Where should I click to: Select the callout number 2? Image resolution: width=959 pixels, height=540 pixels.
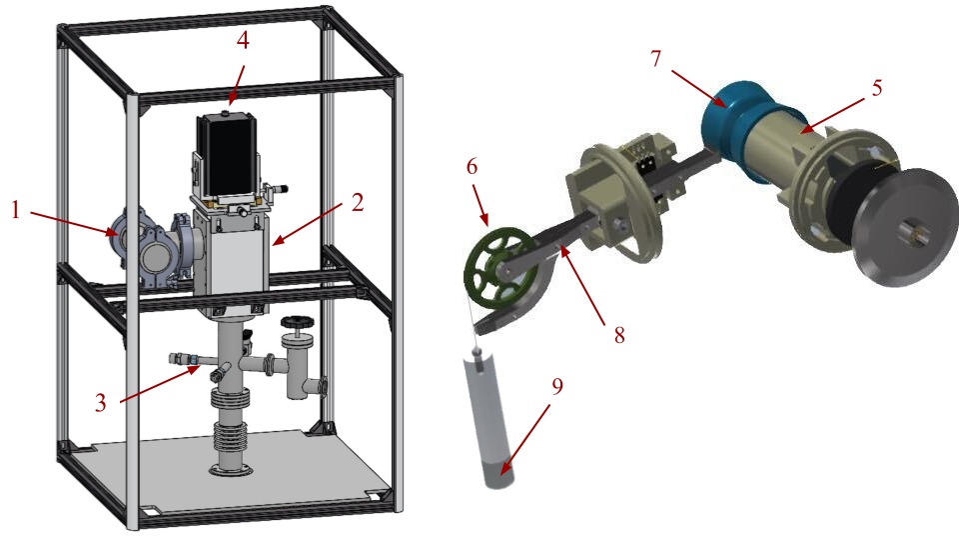coord(358,203)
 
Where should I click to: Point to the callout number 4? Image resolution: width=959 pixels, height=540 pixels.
coord(243,40)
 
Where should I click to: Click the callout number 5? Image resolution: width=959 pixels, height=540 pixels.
coord(877,88)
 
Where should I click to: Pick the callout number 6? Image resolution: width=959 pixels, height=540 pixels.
coord(472,167)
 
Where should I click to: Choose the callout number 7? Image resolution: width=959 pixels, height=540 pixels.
coord(656,59)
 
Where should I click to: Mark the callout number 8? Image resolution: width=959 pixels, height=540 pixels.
coord(619,335)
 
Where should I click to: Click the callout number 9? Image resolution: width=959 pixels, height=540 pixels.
coord(557,387)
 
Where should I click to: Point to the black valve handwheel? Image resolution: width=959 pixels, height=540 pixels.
coord(297,322)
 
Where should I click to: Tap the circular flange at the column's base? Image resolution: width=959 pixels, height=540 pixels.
coord(231,470)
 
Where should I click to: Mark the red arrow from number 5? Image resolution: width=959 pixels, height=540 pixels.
coord(833,116)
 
